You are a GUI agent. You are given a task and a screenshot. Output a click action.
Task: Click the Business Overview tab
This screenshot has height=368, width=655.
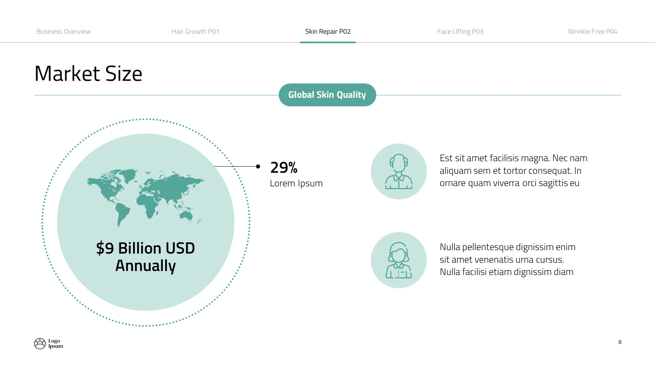63,32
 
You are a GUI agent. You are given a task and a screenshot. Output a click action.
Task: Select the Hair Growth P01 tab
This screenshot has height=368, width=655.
195,32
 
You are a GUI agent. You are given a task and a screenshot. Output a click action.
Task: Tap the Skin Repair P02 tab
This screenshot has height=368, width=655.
328,32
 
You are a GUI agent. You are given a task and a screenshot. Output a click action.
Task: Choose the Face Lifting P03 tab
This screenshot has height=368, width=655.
460,32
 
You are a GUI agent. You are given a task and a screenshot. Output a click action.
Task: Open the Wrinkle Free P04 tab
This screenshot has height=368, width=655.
593,32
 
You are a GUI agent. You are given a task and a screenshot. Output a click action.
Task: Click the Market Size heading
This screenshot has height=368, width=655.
88,74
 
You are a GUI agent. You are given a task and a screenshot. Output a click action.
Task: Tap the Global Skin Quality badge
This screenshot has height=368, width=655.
327,95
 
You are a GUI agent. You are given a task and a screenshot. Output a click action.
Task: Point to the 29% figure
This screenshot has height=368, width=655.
284,168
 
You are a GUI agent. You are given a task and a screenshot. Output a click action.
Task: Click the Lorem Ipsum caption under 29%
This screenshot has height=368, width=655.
296,183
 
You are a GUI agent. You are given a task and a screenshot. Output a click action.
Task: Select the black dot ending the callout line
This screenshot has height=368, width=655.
258,166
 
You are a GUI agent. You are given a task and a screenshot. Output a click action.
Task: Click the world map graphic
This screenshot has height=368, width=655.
145,197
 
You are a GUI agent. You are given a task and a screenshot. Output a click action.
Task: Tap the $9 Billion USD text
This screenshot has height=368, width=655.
145,248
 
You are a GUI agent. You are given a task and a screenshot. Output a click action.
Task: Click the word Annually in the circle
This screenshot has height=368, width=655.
145,266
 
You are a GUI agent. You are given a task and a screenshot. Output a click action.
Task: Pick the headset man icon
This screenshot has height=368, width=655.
398,171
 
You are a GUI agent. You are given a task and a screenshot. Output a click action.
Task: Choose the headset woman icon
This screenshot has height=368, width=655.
398,260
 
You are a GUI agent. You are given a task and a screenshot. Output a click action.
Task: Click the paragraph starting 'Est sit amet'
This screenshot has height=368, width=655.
513,171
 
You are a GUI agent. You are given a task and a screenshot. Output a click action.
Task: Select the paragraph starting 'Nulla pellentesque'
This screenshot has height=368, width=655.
507,260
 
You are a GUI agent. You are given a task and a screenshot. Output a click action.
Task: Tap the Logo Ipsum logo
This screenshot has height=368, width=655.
48,343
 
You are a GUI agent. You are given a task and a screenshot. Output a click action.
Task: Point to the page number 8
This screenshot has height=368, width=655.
620,342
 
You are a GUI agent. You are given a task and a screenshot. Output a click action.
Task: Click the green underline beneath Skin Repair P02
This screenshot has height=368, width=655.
327,42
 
